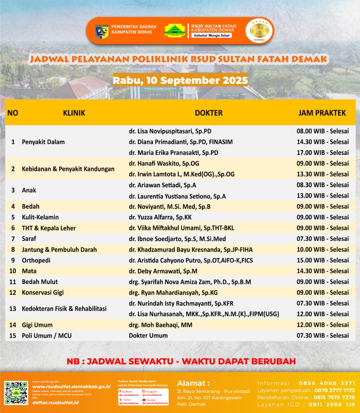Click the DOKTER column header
coord(209,113)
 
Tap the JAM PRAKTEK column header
coord(322,113)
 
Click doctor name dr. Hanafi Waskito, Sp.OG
coord(164,163)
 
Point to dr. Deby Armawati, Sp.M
coord(162,271)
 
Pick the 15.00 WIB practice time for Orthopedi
coord(322,260)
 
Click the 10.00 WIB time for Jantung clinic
coord(322,250)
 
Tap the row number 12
coord(13,292)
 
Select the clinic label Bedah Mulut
coord(40,282)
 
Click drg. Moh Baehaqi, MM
coord(161,325)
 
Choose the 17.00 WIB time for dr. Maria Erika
coord(322,153)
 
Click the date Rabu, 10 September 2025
coord(180,80)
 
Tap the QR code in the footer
coord(16,393)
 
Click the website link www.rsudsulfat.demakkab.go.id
coord(71,386)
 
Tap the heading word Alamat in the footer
coord(193,383)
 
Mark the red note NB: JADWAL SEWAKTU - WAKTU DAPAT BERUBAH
coord(181,361)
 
